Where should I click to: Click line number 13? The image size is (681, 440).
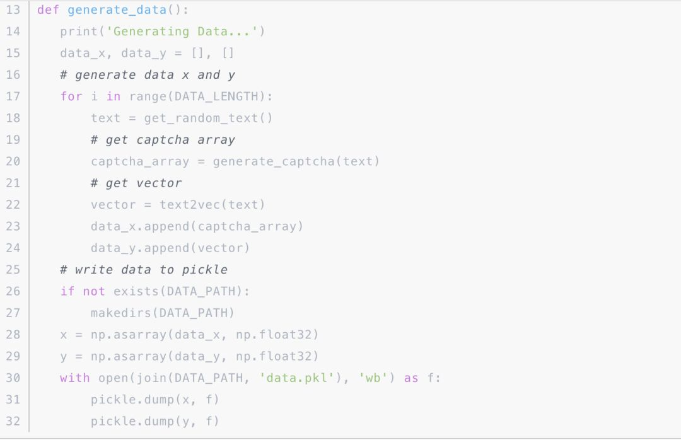(13, 10)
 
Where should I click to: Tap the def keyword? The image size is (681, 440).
(48, 10)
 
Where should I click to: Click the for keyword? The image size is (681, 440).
(71, 96)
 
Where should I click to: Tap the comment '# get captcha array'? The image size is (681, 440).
(163, 140)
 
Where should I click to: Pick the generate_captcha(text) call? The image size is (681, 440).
(296, 161)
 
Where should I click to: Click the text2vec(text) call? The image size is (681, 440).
(212, 205)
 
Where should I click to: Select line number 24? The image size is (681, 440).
(13, 248)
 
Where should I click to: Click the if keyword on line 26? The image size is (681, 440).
(67, 291)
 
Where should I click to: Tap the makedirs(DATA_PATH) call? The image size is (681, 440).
(163, 313)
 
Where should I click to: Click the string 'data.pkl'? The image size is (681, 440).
(296, 378)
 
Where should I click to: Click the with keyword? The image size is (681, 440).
(75, 378)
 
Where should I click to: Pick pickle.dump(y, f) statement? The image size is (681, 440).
(155, 421)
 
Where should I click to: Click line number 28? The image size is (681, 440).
(13, 335)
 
